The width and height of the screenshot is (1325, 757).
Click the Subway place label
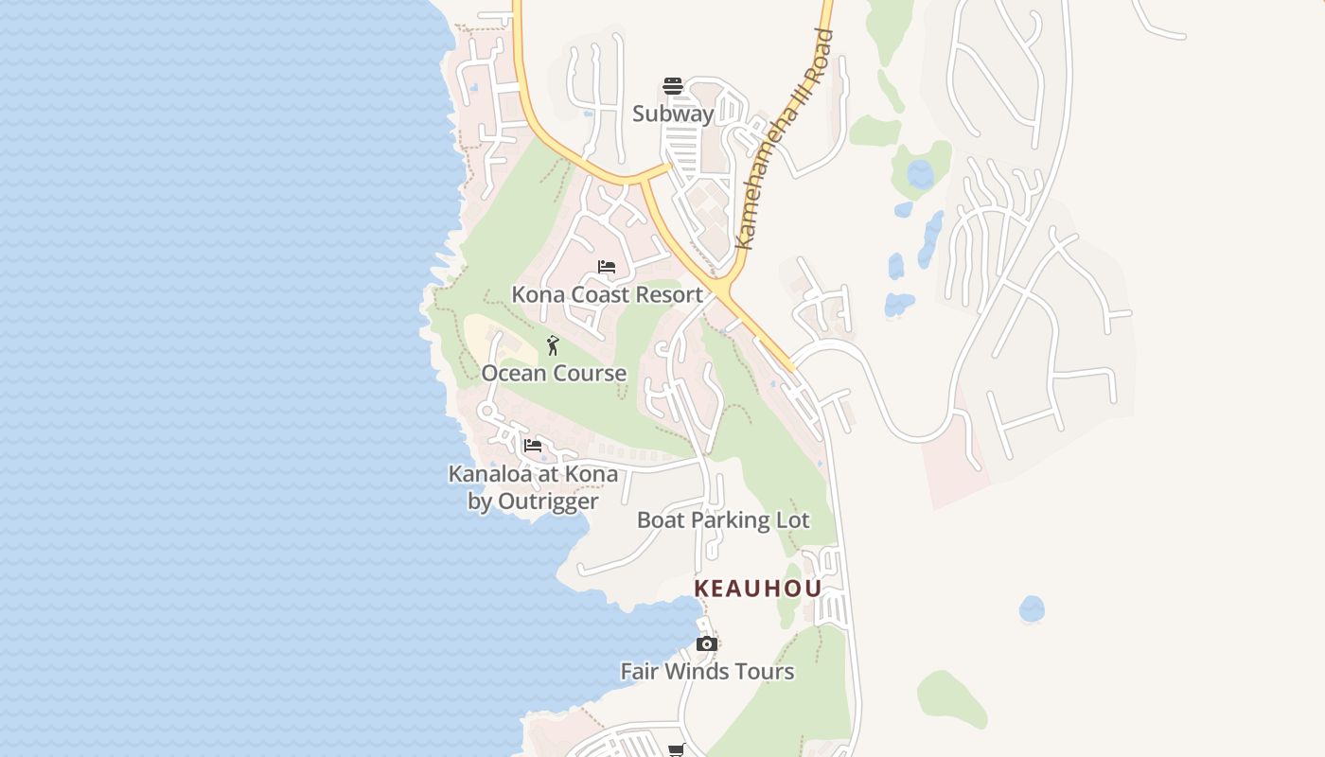tap(673, 114)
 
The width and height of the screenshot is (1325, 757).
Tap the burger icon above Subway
tap(673, 86)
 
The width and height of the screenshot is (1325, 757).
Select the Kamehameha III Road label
tap(785, 140)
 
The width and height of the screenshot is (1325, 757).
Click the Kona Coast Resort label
tap(607, 294)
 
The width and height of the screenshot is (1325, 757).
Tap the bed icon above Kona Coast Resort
tap(607, 267)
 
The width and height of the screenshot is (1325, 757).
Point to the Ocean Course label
tap(554, 373)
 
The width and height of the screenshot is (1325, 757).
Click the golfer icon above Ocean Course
tap(554, 345)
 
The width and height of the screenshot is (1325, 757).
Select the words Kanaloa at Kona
tap(533, 473)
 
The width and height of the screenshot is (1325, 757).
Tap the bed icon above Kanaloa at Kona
tap(533, 446)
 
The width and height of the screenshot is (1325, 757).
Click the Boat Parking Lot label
tap(723, 520)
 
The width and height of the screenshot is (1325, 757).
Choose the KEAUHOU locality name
tap(758, 589)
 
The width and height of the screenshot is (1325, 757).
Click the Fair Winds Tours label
tap(707, 672)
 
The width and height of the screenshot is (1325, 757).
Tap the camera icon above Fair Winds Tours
tap(706, 644)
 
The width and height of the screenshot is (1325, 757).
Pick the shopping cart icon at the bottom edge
tap(676, 750)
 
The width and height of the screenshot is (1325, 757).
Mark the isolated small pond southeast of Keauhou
tap(1032, 608)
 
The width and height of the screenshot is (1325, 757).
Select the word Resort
tap(669, 294)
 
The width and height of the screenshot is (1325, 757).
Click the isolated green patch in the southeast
tap(952, 699)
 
